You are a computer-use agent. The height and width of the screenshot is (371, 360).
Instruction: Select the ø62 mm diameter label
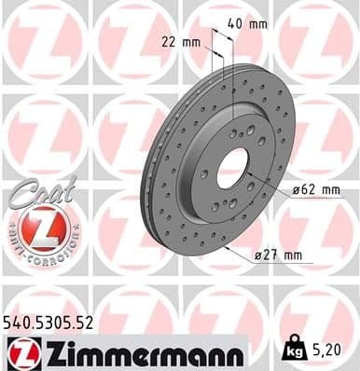[317, 190]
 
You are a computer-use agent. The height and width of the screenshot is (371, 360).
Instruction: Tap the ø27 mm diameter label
[280, 254]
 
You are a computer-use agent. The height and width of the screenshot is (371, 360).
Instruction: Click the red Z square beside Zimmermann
[21, 351]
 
